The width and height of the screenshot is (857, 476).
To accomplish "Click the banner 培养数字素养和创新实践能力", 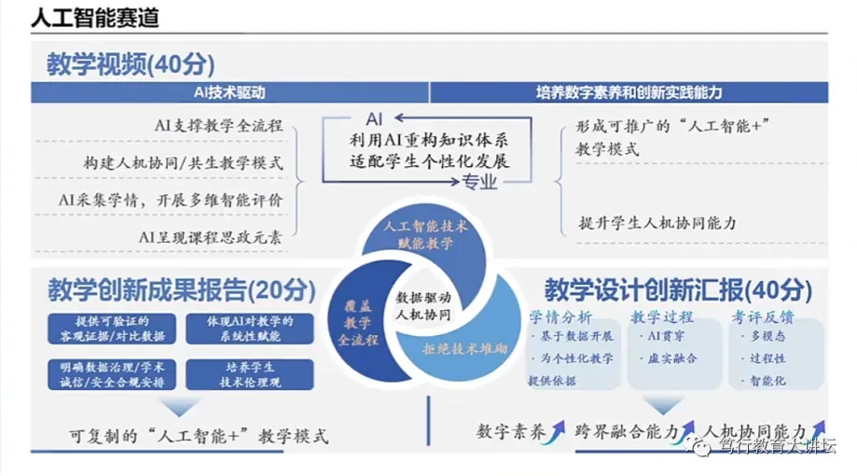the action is [629, 92].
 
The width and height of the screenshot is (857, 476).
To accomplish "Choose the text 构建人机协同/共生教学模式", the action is [182, 162].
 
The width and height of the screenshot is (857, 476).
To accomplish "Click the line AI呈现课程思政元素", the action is [211, 236].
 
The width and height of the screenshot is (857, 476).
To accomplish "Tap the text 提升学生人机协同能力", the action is [657, 223].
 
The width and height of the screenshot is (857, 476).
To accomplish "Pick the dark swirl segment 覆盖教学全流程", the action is [357, 320].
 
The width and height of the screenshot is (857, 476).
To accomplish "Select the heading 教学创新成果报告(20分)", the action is [182, 290].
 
